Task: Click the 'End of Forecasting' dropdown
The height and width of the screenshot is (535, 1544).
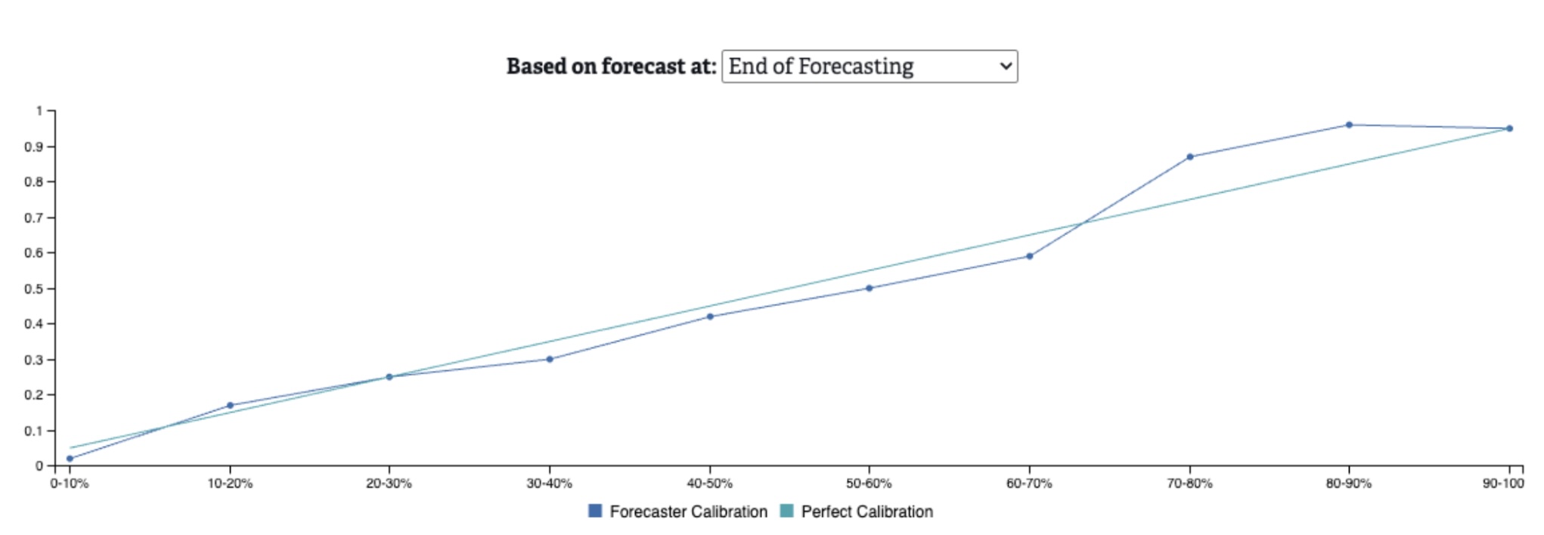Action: tap(870, 66)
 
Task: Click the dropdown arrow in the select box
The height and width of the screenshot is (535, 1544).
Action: tap(1006, 66)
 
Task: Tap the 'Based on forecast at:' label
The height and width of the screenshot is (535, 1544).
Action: tap(611, 66)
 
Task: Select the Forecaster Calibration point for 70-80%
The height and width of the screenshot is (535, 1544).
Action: tap(1190, 157)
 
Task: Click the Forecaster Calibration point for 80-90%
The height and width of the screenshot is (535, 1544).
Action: tap(1349, 125)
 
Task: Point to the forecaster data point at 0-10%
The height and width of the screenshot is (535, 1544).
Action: tap(70, 459)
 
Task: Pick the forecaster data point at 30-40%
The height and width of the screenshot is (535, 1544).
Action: tap(550, 359)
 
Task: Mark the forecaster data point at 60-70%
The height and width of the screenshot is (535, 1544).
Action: tap(1029, 256)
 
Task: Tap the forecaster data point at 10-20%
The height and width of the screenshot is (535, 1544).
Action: tap(230, 406)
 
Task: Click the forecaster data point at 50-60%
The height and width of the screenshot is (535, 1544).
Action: tap(869, 288)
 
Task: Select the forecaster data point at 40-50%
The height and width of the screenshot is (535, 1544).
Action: tap(710, 317)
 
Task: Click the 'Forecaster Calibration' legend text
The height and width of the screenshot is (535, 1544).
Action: tap(688, 512)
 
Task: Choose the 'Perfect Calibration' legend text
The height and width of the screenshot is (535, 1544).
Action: tap(867, 512)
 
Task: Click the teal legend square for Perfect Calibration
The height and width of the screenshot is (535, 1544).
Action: tap(786, 511)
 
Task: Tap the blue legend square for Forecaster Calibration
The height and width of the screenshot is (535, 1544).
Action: tap(595, 511)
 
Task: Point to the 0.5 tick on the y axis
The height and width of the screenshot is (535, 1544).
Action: tap(51, 289)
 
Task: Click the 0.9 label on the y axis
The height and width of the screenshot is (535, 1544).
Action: tap(33, 147)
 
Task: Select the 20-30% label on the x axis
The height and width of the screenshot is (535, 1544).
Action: tap(389, 484)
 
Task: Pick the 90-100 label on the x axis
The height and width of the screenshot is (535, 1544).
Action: tap(1503, 484)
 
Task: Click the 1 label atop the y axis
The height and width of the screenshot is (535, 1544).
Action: tap(39, 111)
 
